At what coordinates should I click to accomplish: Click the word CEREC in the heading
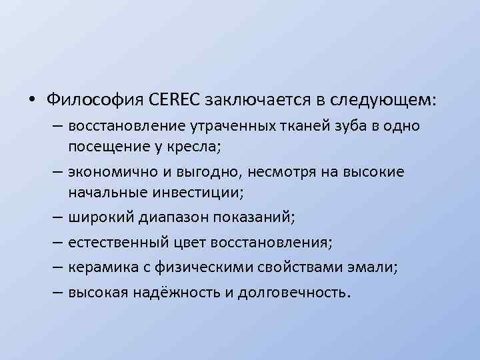point(177,100)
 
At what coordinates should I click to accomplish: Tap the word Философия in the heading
point(95,100)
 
